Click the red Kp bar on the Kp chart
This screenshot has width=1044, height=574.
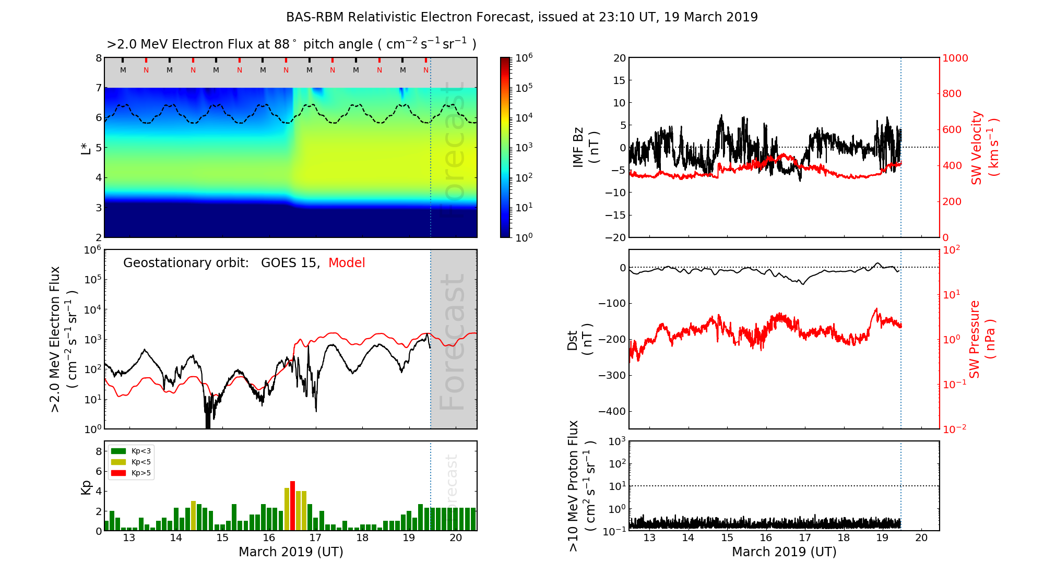click(x=292, y=506)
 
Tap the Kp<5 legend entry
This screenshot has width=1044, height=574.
click(x=141, y=462)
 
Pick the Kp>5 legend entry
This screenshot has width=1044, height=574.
click(x=141, y=473)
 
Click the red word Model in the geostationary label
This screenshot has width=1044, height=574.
click(x=347, y=263)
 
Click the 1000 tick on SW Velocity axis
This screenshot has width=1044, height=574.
click(x=955, y=58)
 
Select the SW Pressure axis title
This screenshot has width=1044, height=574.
click(x=981, y=339)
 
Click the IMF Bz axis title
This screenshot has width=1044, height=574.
click(x=585, y=148)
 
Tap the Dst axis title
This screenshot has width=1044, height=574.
click(x=579, y=339)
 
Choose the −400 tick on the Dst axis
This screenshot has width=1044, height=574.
click(x=611, y=411)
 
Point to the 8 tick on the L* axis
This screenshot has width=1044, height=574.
click(x=98, y=58)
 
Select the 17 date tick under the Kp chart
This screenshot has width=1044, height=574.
click(x=315, y=538)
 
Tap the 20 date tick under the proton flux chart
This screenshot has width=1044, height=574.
click(x=921, y=538)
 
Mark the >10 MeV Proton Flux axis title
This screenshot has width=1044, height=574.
click(x=581, y=486)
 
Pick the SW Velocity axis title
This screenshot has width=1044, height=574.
click(x=984, y=148)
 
